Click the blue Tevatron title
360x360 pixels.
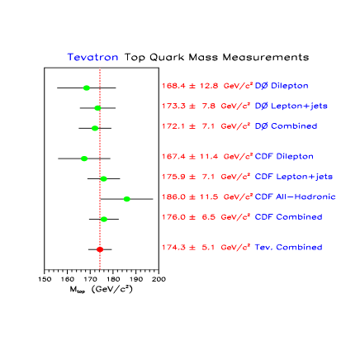click(92, 58)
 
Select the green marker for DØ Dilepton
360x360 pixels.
click(87, 88)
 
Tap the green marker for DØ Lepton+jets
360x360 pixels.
click(97, 107)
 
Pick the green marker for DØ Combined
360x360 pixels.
click(95, 128)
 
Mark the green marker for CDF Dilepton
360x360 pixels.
click(84, 159)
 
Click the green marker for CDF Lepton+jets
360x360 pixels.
click(104, 178)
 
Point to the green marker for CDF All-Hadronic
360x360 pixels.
click(126, 199)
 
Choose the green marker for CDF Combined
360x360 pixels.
click(104, 219)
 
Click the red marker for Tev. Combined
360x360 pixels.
click(100, 249)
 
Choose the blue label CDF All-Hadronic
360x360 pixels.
click(295, 197)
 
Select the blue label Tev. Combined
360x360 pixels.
click(287, 248)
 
